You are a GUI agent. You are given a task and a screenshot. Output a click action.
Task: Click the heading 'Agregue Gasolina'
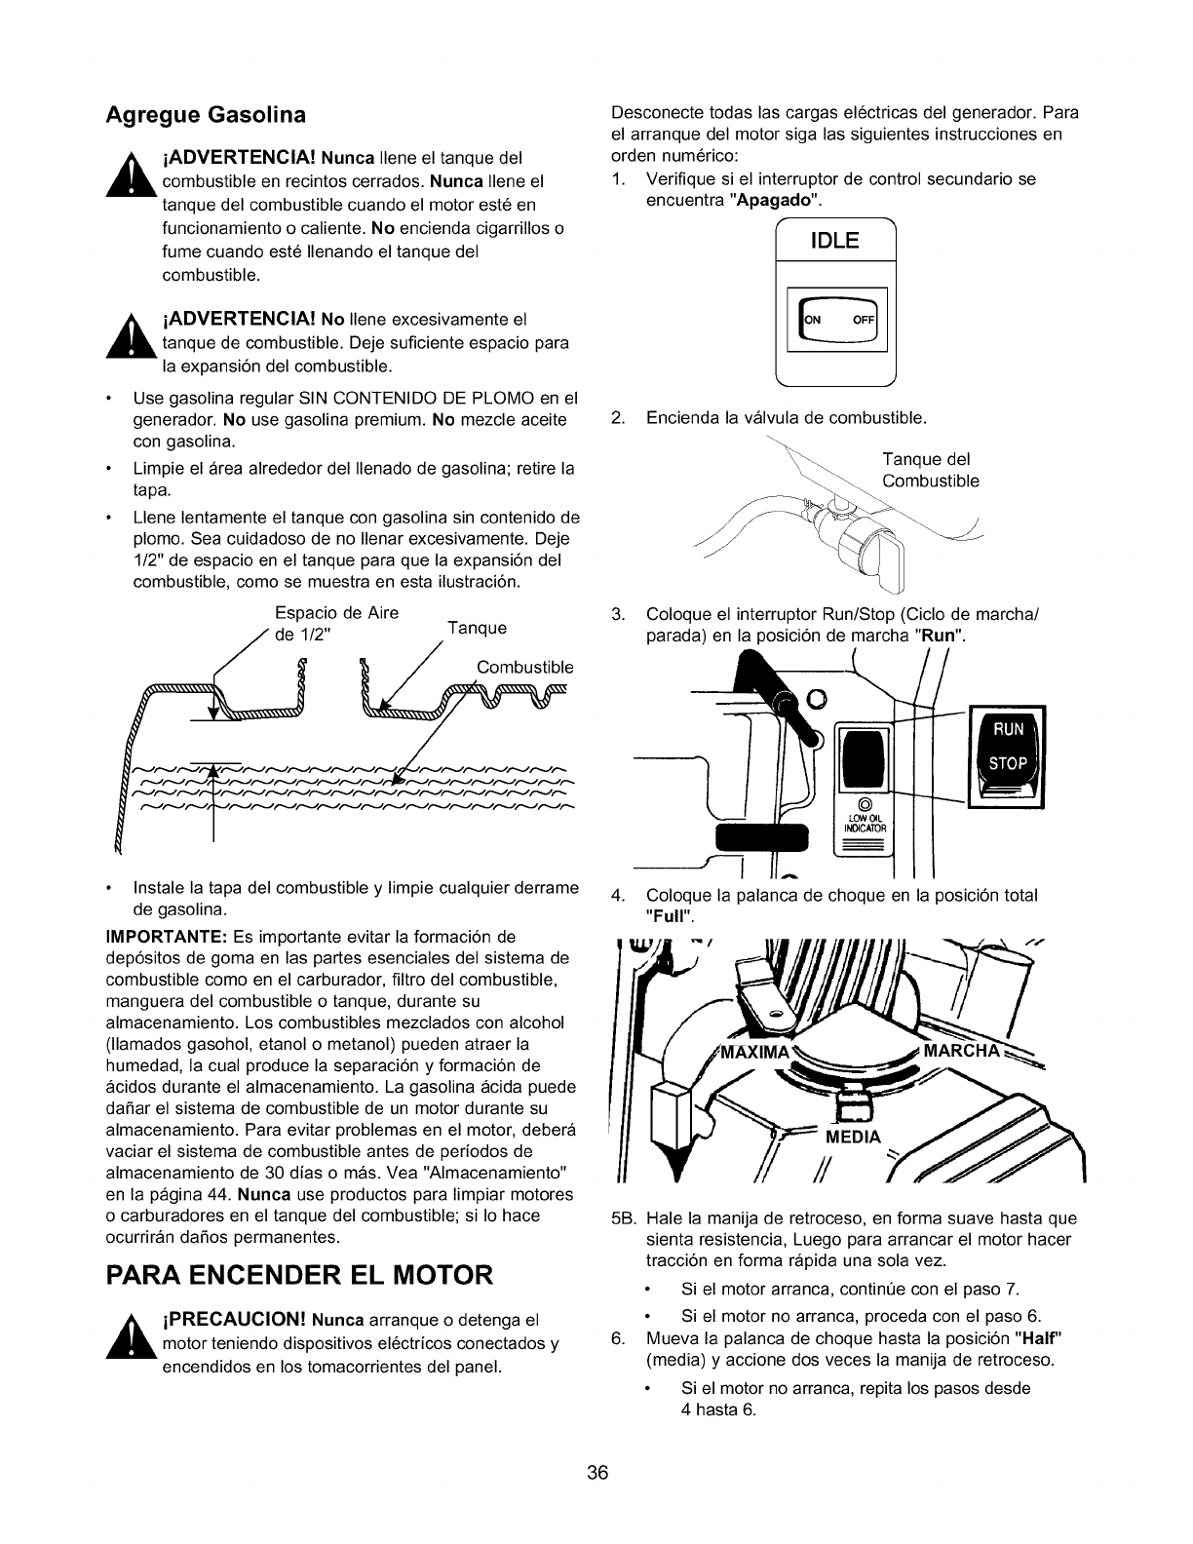click(x=206, y=115)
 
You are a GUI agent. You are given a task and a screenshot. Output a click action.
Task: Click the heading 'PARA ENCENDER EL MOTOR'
click(x=299, y=1275)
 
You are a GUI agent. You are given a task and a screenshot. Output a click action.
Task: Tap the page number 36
click(x=596, y=1473)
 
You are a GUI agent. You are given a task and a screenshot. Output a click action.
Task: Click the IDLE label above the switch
click(x=835, y=242)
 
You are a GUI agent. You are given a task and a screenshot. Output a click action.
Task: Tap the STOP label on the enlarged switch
click(x=1008, y=765)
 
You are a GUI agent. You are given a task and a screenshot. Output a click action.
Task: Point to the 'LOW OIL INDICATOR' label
click(x=861, y=825)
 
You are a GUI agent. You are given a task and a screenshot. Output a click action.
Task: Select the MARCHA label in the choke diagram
click(x=961, y=1051)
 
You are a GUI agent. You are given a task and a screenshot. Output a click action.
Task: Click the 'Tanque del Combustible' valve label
click(x=930, y=470)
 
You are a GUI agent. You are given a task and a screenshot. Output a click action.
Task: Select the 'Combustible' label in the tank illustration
click(x=524, y=668)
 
